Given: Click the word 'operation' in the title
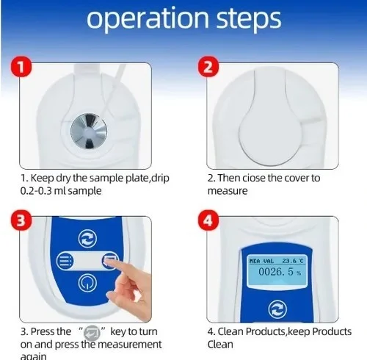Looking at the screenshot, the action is pyautogui.click(x=148, y=19).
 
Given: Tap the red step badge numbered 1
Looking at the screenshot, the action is pyautogui.click(x=21, y=67).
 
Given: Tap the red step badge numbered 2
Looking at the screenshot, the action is pyautogui.click(x=208, y=67).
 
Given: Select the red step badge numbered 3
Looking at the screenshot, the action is pyautogui.click(x=21, y=220).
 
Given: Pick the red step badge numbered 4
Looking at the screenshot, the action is pyautogui.click(x=208, y=220).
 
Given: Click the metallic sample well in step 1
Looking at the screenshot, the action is pyautogui.click(x=89, y=131).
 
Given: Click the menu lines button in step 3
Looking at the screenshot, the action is pyautogui.click(x=65, y=261).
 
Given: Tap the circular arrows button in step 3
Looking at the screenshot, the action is pyautogui.click(x=87, y=239).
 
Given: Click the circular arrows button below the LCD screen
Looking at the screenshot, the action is pyautogui.click(x=277, y=309).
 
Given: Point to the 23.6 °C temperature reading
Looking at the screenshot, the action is pyautogui.click(x=293, y=261).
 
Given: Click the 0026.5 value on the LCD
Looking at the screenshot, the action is pyautogui.click(x=280, y=272).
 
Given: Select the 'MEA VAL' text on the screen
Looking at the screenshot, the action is pyautogui.click(x=261, y=261).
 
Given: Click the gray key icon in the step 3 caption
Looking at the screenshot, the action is pyautogui.click(x=92, y=333).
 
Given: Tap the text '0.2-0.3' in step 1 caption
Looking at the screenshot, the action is pyautogui.click(x=36, y=191).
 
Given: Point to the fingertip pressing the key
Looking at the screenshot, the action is pyautogui.click(x=109, y=264).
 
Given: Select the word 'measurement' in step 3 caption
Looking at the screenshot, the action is pyautogui.click(x=129, y=345).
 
